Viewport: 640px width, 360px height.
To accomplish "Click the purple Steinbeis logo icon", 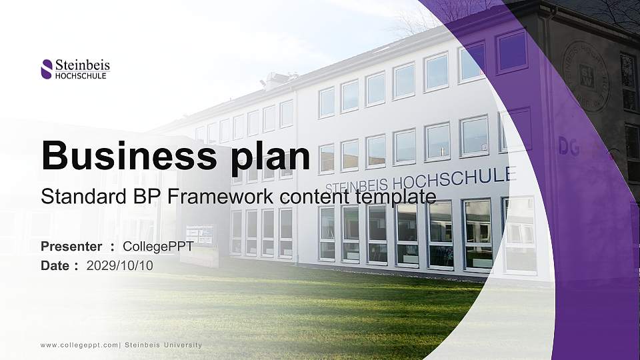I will (x=47, y=69).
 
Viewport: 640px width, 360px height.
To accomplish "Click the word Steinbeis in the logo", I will (x=82, y=65).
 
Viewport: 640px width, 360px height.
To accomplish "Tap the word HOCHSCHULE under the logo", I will (x=81, y=75).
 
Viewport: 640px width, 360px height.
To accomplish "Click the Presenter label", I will (x=71, y=247).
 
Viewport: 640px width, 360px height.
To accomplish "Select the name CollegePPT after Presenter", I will (x=158, y=247).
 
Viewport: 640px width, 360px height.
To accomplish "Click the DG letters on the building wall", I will (x=568, y=147).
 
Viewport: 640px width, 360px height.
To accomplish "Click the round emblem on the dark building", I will (x=585, y=75).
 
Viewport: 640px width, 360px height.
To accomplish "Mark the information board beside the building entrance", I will (x=199, y=235).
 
